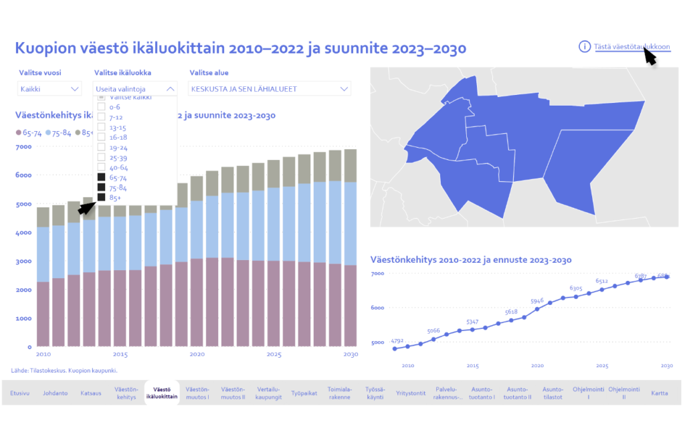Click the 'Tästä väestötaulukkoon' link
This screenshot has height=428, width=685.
click(x=631, y=46)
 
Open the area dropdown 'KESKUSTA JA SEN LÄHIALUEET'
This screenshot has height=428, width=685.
click(x=270, y=88)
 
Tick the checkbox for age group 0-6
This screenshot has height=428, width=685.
click(x=101, y=107)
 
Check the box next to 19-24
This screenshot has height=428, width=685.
click(x=101, y=147)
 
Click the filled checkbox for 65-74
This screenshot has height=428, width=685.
click(x=101, y=177)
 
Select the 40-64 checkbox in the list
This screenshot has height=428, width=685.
click(x=101, y=167)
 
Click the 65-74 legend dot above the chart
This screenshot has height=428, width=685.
click(x=18, y=133)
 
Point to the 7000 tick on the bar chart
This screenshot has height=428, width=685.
click(x=23, y=146)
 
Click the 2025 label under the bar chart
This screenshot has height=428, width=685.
click(x=274, y=354)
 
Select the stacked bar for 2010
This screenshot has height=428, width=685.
click(x=43, y=281)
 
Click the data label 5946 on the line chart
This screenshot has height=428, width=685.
click(x=537, y=301)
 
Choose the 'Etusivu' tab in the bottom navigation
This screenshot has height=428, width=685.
click(x=20, y=393)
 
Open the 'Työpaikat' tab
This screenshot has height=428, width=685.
click(x=304, y=393)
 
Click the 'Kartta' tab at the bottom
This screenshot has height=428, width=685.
click(x=660, y=393)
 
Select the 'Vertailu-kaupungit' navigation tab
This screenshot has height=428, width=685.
click(x=268, y=393)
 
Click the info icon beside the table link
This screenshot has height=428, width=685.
click(x=584, y=46)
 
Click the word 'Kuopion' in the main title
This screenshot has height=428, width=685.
click(x=43, y=48)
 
